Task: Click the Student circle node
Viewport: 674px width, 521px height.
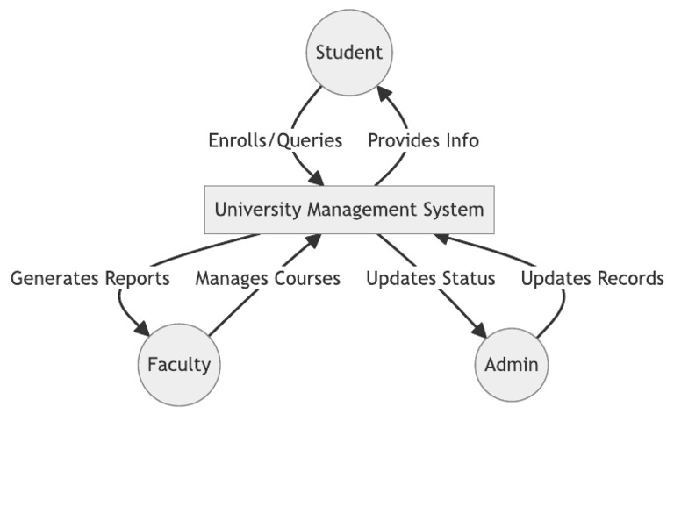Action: click(x=349, y=52)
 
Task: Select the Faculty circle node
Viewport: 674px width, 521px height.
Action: click(x=179, y=364)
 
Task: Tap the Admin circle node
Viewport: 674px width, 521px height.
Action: click(x=512, y=364)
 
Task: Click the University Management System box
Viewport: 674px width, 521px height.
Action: click(x=349, y=210)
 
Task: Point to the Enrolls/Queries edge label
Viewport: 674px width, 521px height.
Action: click(x=275, y=140)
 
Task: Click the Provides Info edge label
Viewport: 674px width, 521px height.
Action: click(x=423, y=140)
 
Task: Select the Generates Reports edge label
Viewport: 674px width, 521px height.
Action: click(x=90, y=279)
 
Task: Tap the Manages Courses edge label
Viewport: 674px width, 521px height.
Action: click(x=268, y=279)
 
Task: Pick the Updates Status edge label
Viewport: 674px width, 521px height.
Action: click(x=430, y=279)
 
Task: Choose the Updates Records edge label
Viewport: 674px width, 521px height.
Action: click(x=592, y=279)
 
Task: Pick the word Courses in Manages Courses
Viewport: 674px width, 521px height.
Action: click(x=308, y=279)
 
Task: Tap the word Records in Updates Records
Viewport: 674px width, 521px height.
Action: click(x=629, y=279)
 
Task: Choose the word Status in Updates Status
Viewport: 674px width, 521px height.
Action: click(x=470, y=279)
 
